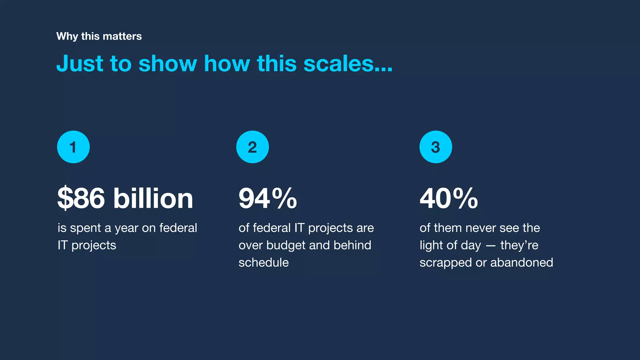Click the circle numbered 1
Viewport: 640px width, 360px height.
click(x=73, y=147)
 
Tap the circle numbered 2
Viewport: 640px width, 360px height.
click(x=252, y=147)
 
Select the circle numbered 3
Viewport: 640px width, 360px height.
click(x=435, y=147)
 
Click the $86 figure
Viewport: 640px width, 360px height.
click(x=81, y=198)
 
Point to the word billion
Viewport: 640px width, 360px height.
click(x=153, y=198)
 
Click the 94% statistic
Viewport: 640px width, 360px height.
click(x=267, y=198)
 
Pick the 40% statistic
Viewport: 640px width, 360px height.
click(x=448, y=198)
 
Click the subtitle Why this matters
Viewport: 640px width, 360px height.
click(x=99, y=36)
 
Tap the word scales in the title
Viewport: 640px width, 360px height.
click(x=347, y=63)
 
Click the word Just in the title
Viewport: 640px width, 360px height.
click(x=80, y=63)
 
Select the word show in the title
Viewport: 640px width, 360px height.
click(x=167, y=63)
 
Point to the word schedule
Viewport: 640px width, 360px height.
click(x=263, y=262)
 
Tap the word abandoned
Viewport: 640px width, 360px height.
click(x=522, y=262)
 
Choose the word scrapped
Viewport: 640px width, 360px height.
click(x=446, y=262)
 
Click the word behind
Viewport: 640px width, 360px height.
click(x=352, y=245)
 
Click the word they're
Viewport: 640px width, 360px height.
click(x=519, y=245)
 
